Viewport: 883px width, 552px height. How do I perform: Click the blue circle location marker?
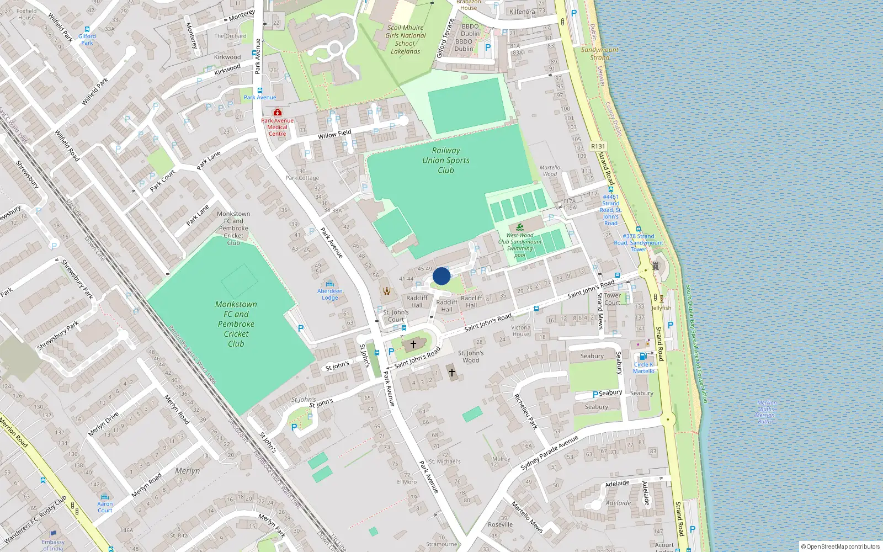(441, 276)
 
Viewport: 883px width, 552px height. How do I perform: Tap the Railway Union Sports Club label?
(446, 160)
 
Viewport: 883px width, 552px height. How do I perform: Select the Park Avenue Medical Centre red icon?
(277, 112)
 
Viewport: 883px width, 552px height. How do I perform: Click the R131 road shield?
(598, 146)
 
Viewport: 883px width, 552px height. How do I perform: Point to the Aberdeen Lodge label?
(330, 294)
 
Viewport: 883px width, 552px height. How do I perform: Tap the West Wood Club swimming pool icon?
(520, 227)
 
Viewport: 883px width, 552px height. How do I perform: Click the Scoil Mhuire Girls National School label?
(406, 39)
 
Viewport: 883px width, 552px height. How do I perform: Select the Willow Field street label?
(334, 134)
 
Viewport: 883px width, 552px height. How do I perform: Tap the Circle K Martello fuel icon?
(642, 357)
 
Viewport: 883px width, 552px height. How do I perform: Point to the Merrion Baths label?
(767, 412)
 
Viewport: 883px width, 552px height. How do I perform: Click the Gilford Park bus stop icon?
(87, 29)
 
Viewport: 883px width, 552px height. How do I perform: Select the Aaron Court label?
(105, 507)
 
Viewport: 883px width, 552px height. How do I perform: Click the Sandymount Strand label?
(600, 54)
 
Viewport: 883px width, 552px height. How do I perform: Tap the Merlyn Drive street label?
(103, 424)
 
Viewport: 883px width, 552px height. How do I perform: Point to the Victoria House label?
(520, 331)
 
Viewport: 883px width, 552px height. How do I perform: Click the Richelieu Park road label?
(525, 411)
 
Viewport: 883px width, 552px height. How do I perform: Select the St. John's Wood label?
(471, 357)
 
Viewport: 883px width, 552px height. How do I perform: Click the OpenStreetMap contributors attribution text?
(841, 546)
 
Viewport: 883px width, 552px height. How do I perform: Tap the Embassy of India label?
(53, 545)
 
